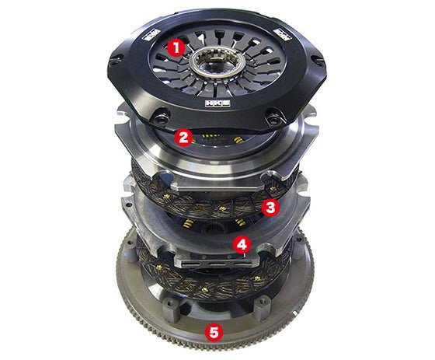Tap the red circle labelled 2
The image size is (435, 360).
[183, 138]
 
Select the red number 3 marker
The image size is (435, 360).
[270, 207]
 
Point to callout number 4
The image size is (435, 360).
[243, 245]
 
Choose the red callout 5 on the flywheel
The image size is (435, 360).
[213, 330]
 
